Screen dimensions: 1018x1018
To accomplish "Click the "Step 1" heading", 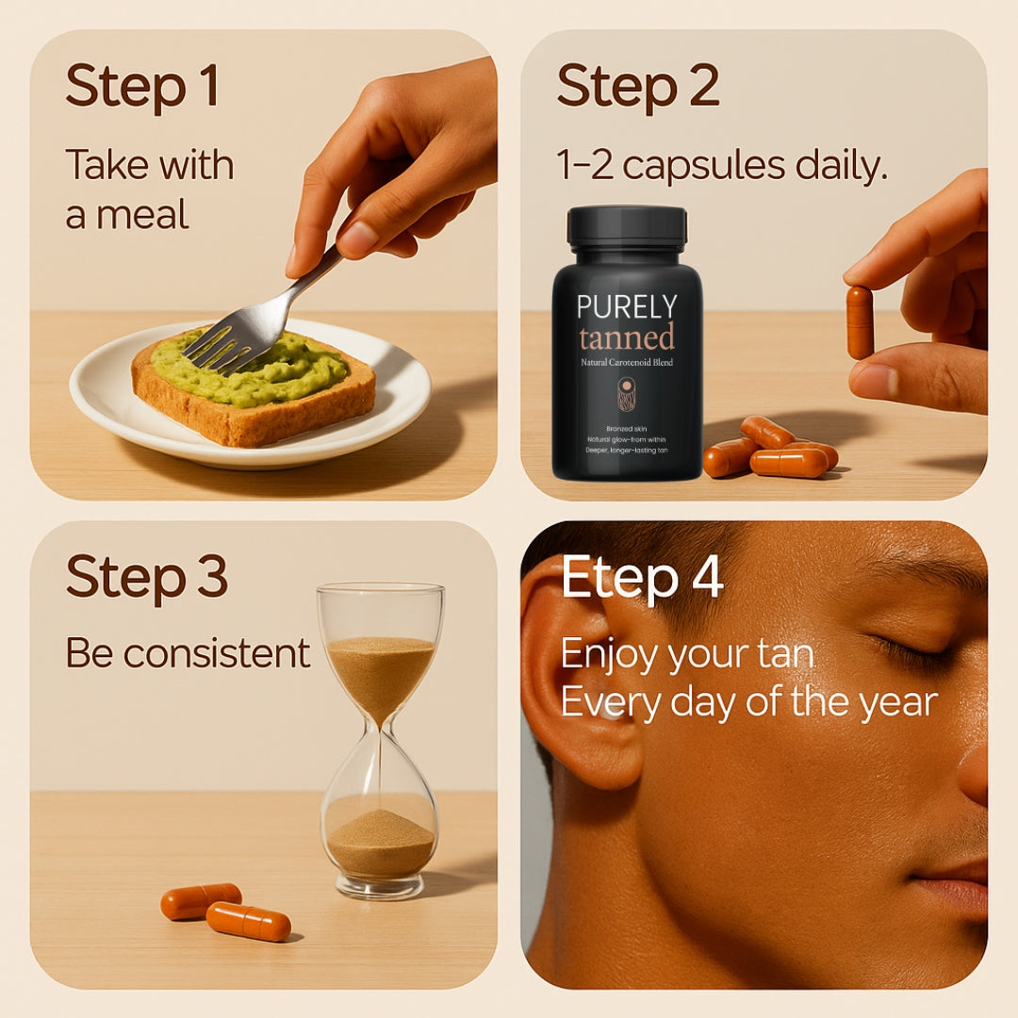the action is click(142, 87).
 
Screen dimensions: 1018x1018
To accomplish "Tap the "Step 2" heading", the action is click(638, 87).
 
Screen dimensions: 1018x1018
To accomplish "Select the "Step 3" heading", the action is click(147, 577).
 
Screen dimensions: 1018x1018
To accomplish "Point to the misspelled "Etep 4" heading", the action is click(642, 577).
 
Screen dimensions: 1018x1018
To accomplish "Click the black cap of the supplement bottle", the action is click(627, 227).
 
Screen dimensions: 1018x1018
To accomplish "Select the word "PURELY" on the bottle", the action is click(627, 307).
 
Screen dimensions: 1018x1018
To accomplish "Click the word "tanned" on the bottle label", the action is click(627, 337).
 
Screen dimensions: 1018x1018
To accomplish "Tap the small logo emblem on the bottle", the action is click(627, 394).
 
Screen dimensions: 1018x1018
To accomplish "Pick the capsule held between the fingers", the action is click(860, 322).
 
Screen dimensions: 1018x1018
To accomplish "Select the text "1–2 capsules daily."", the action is click(721, 165).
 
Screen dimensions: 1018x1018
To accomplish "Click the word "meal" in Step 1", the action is click(143, 214).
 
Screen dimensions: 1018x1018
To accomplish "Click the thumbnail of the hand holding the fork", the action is click(356, 238).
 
